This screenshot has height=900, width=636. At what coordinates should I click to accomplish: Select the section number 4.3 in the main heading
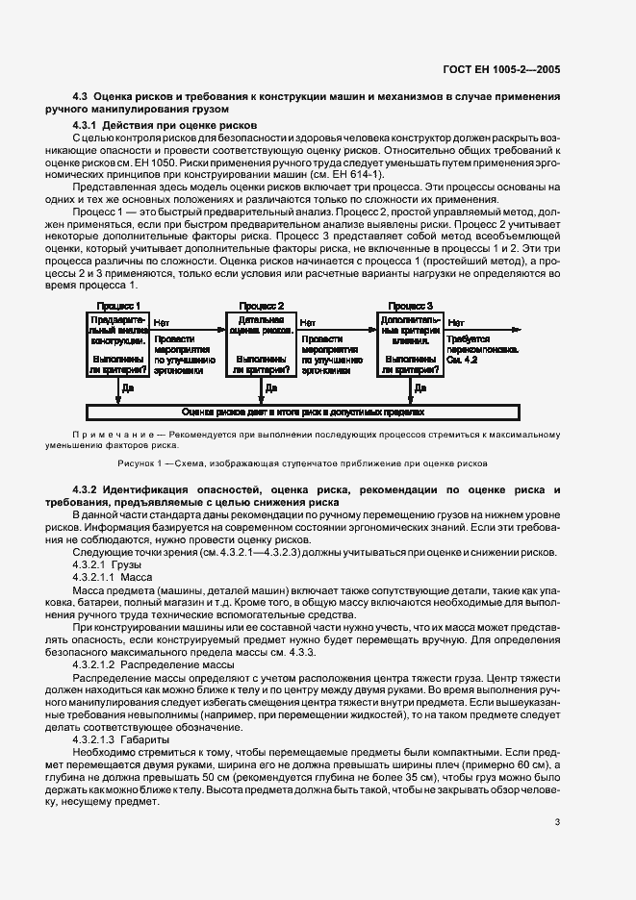click(x=81, y=97)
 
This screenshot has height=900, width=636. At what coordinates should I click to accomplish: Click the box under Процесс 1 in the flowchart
click(x=118, y=343)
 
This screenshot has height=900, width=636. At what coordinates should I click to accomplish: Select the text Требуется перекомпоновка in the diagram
click(x=492, y=346)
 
